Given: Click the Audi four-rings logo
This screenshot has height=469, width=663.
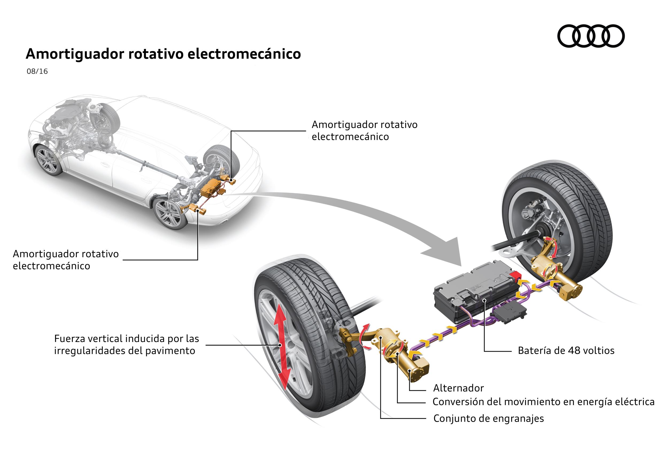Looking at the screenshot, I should point(591,36).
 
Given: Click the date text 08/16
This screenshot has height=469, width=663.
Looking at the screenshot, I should point(37,71).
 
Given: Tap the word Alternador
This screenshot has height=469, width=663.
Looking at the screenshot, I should point(458,388).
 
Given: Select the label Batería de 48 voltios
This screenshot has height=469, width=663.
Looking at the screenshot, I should point(566,350).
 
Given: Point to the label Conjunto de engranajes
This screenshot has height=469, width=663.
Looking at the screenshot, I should point(488,418).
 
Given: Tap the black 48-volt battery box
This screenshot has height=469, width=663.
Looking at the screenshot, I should point(473,292).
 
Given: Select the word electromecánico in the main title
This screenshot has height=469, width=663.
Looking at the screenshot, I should point(244,54).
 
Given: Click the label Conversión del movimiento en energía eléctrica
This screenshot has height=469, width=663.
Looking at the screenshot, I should point(543,402).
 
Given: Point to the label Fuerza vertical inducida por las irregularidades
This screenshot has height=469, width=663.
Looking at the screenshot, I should point(126,344).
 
